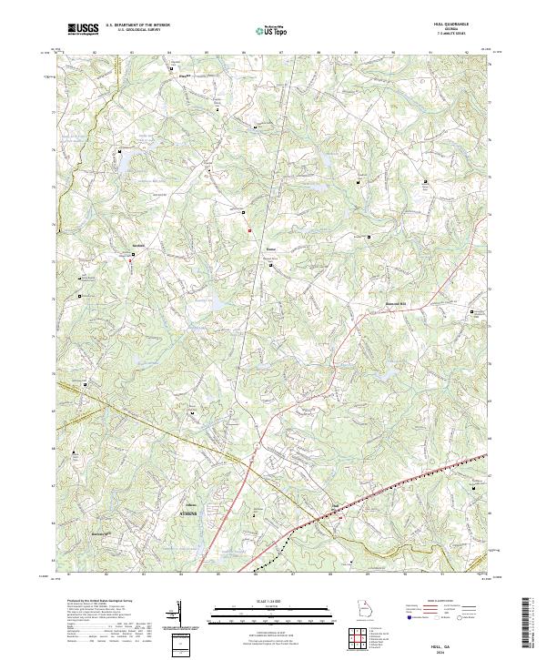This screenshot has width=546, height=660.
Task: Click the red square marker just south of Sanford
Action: point(130,259)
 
